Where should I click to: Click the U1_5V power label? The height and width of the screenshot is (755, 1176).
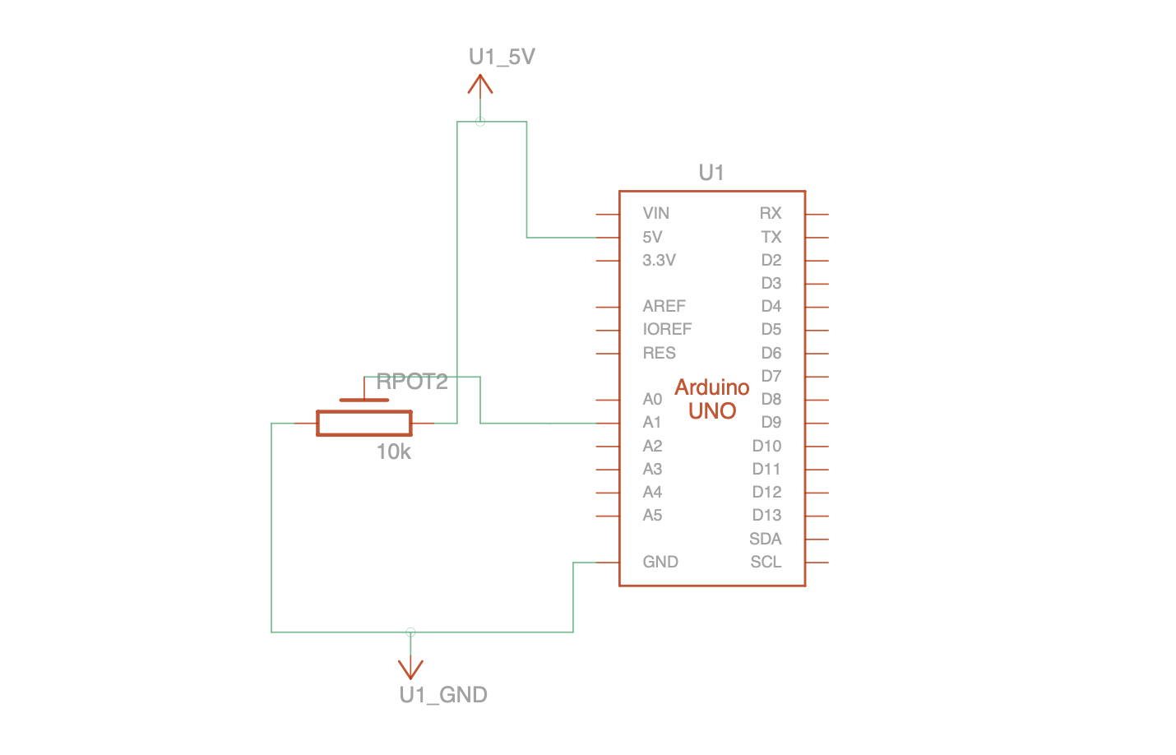click(502, 57)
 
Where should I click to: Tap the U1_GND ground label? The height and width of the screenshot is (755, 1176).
click(443, 695)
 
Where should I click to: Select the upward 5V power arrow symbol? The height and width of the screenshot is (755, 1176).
click(480, 85)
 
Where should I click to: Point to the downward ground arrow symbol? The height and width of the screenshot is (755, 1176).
click(410, 668)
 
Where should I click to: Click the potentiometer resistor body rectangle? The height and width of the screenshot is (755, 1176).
click(364, 423)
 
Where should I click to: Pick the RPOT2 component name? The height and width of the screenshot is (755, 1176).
click(412, 382)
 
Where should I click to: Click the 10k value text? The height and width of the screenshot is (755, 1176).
click(394, 452)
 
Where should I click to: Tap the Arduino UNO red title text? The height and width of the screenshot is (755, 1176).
click(712, 399)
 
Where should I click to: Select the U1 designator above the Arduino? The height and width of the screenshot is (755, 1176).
click(711, 173)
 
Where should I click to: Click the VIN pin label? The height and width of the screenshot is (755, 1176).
click(656, 213)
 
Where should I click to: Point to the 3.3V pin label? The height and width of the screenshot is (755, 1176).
click(659, 260)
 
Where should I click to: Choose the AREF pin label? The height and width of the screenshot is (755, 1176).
click(664, 306)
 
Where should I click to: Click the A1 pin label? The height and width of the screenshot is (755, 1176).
click(652, 422)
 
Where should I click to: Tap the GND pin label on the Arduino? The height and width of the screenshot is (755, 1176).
click(660, 562)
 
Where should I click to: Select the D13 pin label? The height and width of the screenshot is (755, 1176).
click(766, 515)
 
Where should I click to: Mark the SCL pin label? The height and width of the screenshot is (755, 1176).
click(766, 562)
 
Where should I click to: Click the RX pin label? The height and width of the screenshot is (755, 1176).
click(771, 213)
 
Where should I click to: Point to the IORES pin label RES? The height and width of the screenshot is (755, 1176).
click(659, 353)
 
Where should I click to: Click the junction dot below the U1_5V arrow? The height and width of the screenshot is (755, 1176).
click(480, 122)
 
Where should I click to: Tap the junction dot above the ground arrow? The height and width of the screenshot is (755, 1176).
click(410, 632)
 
